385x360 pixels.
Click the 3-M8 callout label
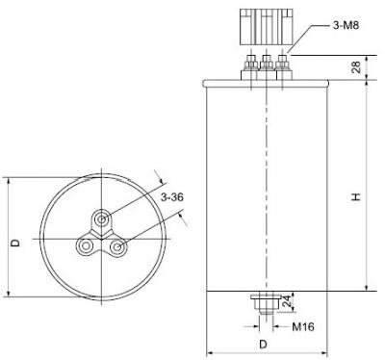(x=346, y=25)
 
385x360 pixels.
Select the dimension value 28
(x=356, y=67)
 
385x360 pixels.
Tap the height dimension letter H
(x=356, y=196)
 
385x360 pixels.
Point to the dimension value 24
(x=287, y=301)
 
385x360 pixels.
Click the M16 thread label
(x=303, y=327)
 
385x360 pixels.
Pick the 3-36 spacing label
(x=172, y=197)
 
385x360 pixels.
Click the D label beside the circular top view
(x=15, y=243)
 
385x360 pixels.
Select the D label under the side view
(x=263, y=345)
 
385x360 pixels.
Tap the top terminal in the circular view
(x=102, y=220)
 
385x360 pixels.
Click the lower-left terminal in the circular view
(x=86, y=246)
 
